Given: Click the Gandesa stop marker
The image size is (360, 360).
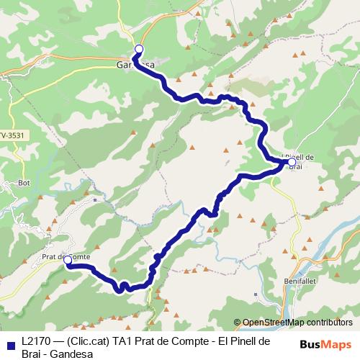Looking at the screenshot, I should pyautogui.click(x=139, y=49).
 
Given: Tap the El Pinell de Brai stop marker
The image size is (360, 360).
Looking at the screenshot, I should pyautogui.click(x=292, y=163).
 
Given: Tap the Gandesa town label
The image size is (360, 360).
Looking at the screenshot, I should pyautogui.click(x=135, y=64).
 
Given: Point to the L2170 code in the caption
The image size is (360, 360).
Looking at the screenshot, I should pyautogui.click(x=36, y=341).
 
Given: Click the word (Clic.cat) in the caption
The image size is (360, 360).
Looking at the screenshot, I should pyautogui.click(x=86, y=341).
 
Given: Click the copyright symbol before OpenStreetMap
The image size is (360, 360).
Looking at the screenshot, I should pyautogui.click(x=238, y=323).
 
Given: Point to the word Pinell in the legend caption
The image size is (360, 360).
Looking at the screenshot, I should pyautogui.click(x=238, y=341).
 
